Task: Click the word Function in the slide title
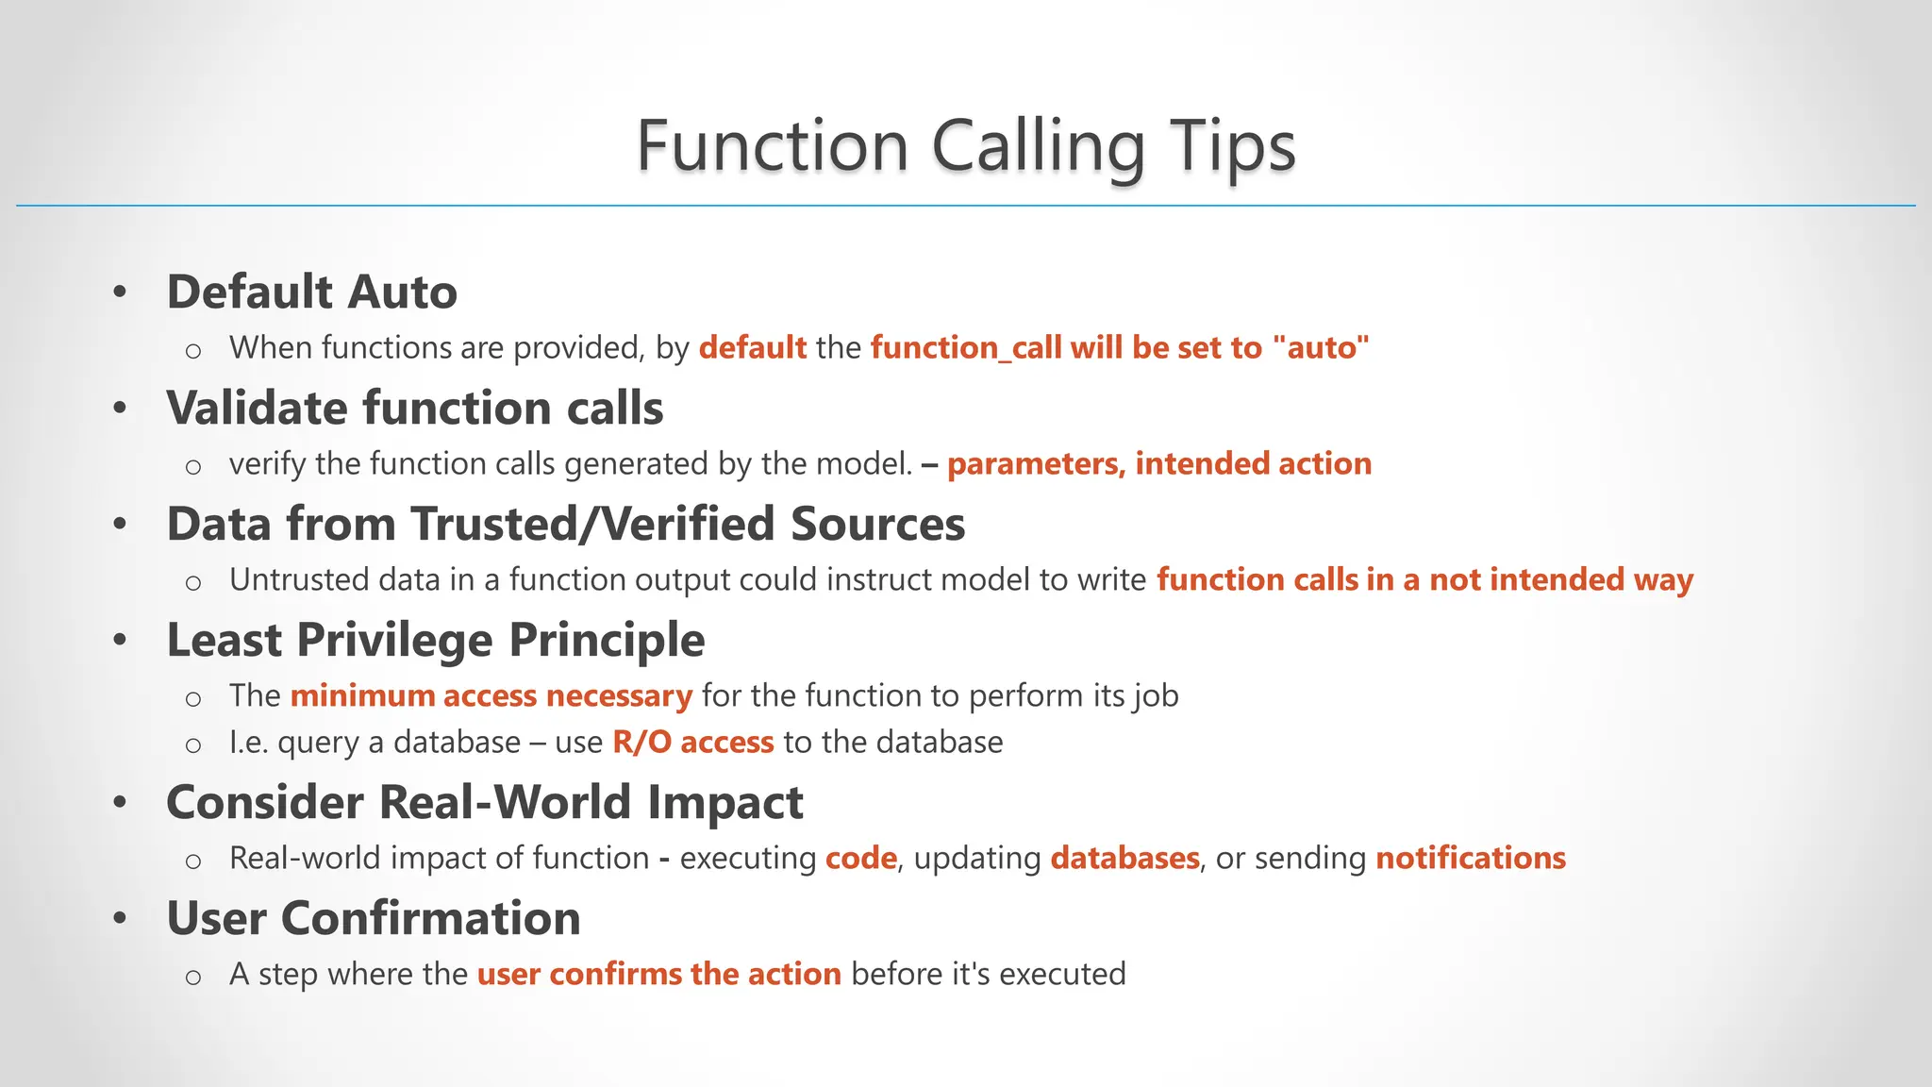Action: click(x=773, y=147)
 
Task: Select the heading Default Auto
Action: click(x=311, y=292)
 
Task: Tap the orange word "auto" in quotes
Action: click(x=1320, y=348)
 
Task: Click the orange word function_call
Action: click(x=966, y=348)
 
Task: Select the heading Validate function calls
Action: click(x=414, y=408)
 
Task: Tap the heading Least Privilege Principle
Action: click(x=435, y=640)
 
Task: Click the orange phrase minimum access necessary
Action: click(x=491, y=696)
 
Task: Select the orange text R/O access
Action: click(x=692, y=743)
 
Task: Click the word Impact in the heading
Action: click(x=724, y=802)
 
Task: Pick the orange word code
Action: click(x=860, y=859)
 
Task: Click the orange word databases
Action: click(x=1124, y=859)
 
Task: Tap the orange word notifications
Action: click(x=1470, y=859)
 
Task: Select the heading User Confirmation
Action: click(x=373, y=918)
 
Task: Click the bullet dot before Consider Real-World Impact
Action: click(x=120, y=803)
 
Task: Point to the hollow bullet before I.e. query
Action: click(x=193, y=745)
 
